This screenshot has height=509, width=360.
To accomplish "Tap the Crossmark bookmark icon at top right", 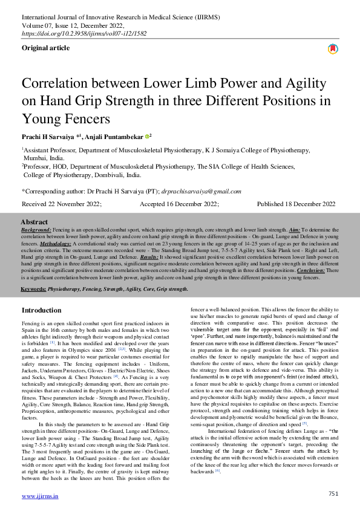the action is coord(332,49).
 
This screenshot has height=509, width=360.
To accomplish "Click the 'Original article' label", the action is coord(45,47).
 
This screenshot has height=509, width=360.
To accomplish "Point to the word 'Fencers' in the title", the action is coord(88,118).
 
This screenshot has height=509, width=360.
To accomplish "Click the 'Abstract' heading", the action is coord(34,222).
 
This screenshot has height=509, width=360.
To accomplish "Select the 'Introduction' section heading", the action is coord(41,310).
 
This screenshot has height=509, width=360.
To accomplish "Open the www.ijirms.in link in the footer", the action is coord(40,496).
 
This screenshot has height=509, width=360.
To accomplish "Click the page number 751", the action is coord(333,494).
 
